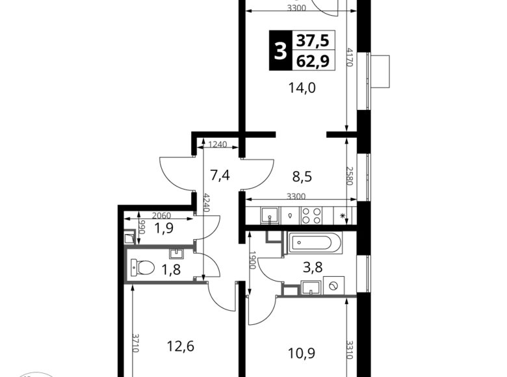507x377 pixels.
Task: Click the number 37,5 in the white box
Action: click(313, 41)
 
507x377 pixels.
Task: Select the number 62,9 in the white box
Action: click(313, 62)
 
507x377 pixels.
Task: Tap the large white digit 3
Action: click(280, 51)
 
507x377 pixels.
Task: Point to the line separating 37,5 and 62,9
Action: click(313, 51)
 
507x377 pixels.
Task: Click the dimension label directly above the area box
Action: click(296, 7)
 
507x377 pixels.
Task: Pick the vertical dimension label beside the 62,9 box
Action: click(349, 57)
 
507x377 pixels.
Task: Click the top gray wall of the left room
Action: click(162, 243)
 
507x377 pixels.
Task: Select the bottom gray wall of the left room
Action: click(166, 281)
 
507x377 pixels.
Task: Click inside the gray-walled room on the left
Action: click(162, 262)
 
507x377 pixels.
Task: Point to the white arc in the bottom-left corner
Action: click(36, 373)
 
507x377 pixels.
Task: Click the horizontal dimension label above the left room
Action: click(161, 214)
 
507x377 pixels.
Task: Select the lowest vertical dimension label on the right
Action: click(349, 350)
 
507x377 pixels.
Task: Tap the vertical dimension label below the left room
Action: click(135, 343)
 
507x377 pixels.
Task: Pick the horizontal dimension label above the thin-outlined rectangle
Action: click(296, 197)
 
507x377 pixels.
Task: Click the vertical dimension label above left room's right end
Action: click(208, 203)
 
